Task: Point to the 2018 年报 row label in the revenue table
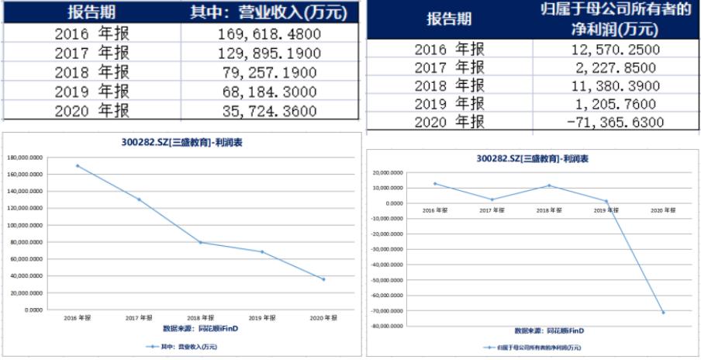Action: pos(92,73)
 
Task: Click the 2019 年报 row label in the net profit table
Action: pos(449,103)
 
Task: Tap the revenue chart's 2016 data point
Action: pos(77,165)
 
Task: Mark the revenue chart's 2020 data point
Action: pos(323,279)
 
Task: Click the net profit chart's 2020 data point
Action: pos(663,313)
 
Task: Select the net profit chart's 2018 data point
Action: pos(549,185)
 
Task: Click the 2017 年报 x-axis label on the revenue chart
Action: pos(138,318)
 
